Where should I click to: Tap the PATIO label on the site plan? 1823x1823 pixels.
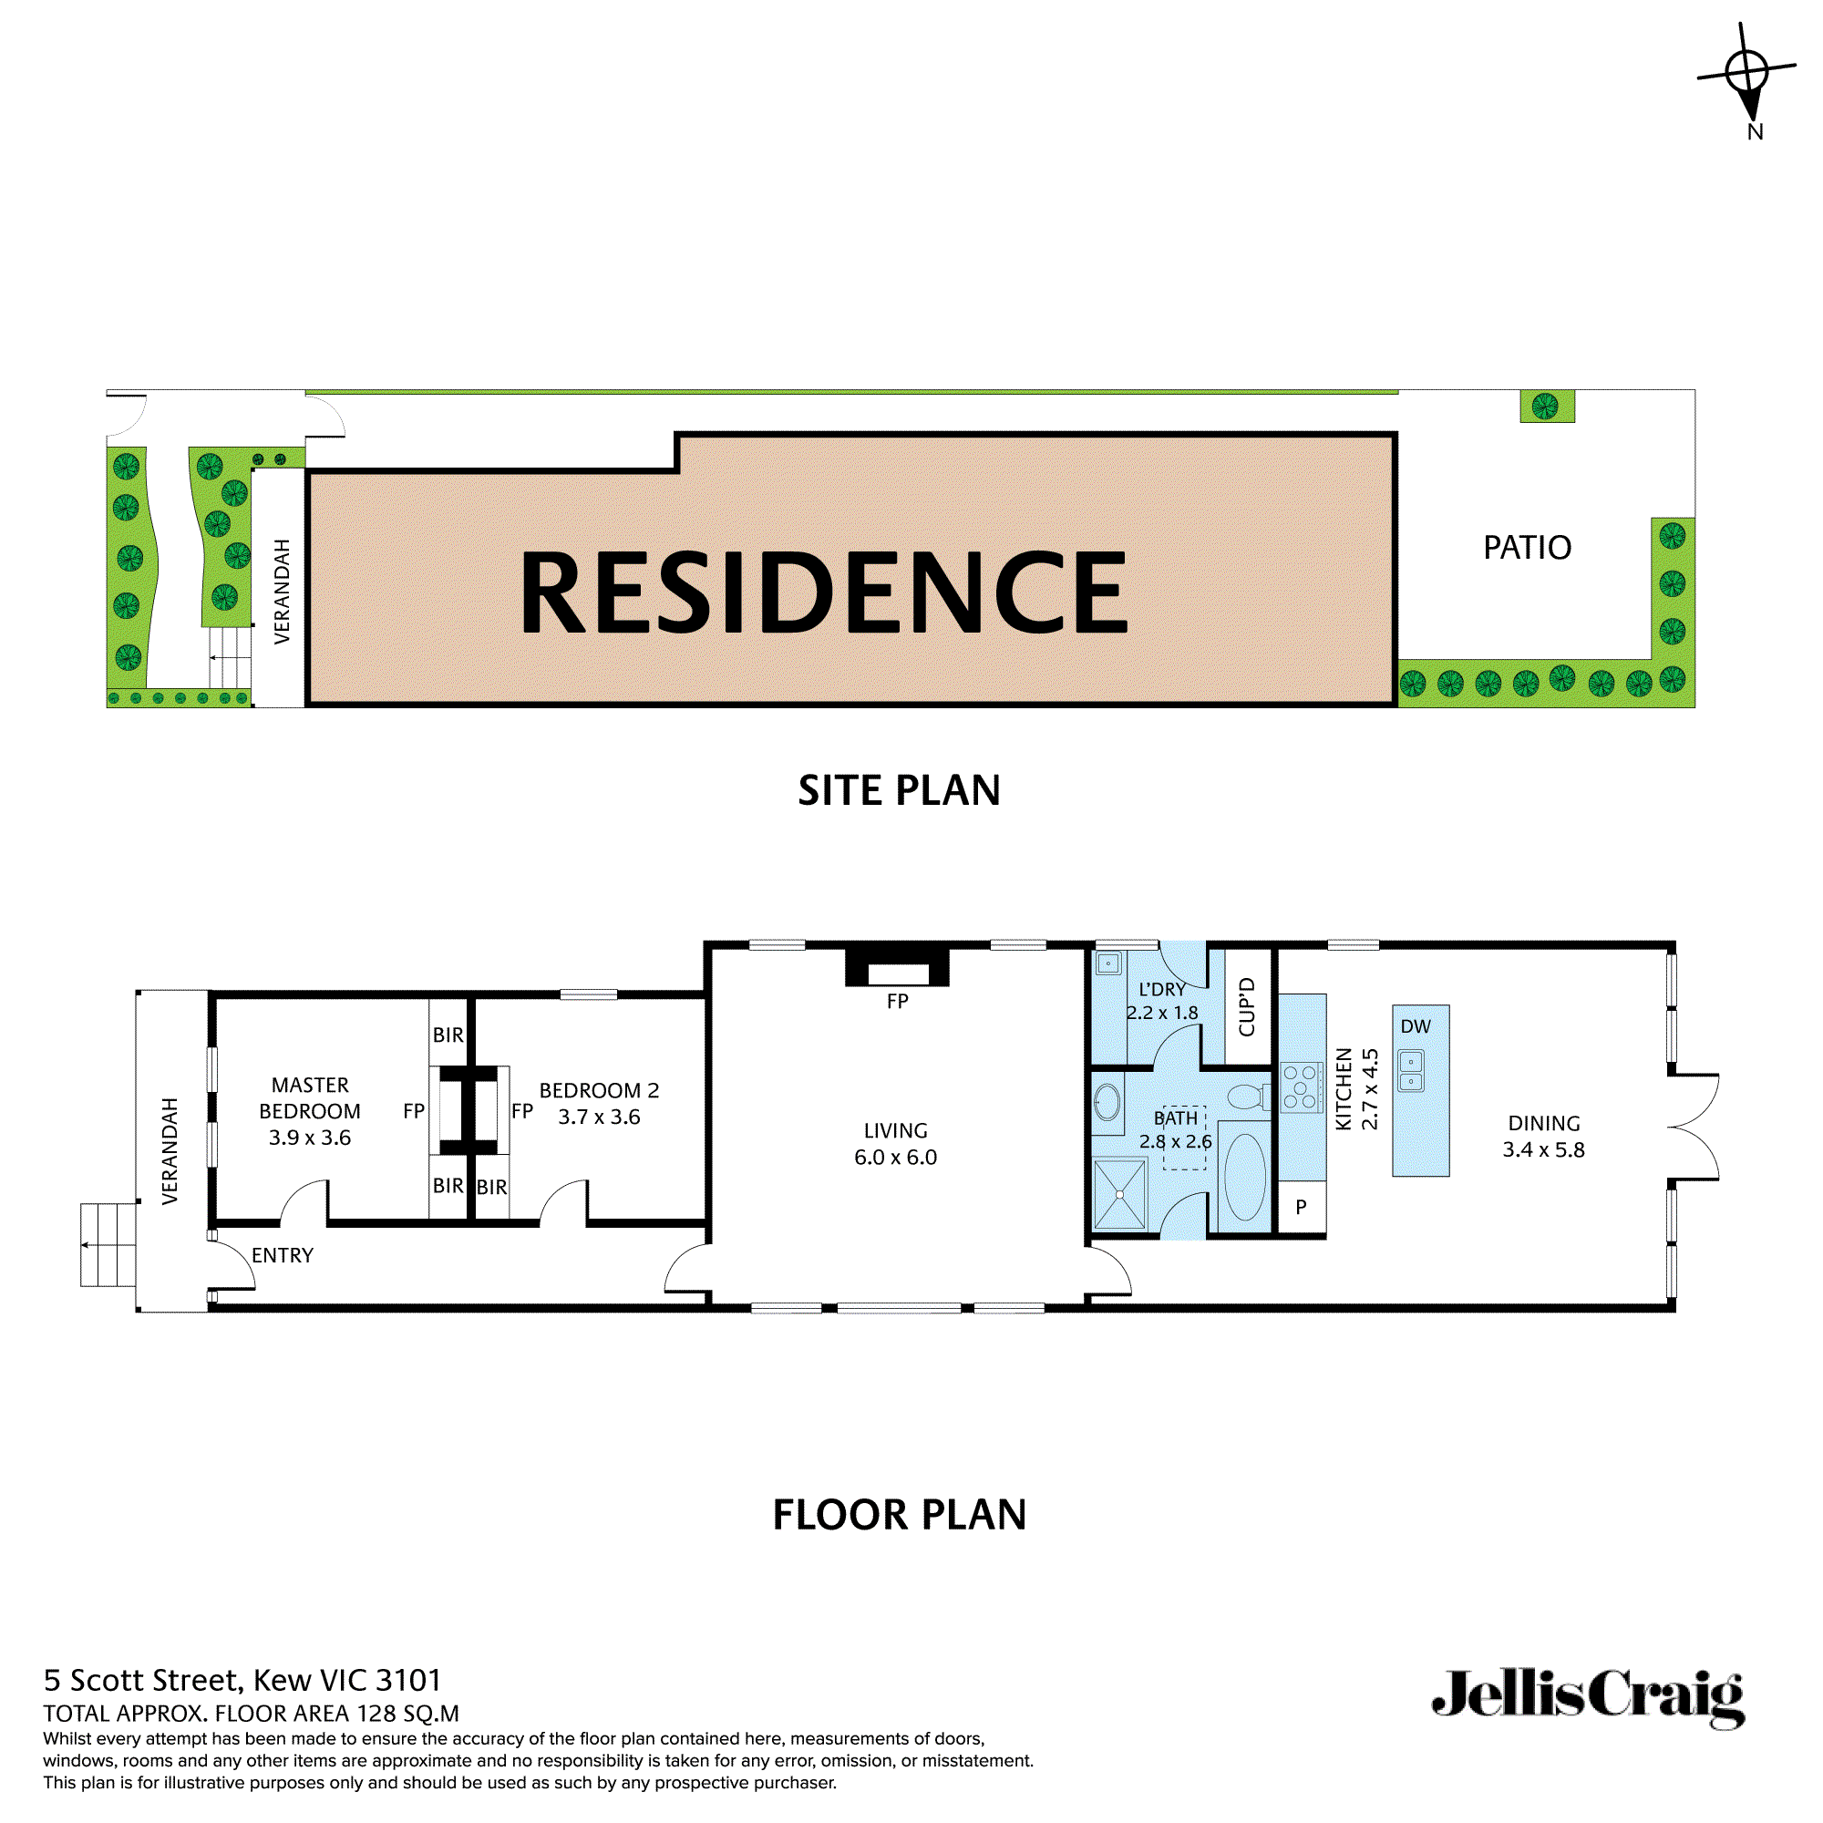click(x=1527, y=548)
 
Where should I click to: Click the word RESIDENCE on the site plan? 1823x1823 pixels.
click(x=823, y=592)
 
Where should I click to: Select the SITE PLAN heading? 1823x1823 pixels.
click(x=899, y=790)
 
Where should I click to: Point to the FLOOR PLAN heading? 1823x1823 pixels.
click(x=899, y=1514)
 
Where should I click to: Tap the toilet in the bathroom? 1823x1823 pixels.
click(x=1248, y=1097)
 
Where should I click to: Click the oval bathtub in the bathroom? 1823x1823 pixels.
click(x=1244, y=1178)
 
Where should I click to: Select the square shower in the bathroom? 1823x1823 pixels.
click(x=1119, y=1195)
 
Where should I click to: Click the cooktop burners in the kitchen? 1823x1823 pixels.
click(x=1301, y=1087)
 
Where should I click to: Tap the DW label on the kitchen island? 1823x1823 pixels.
click(x=1416, y=1026)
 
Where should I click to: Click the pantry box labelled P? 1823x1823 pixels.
click(x=1302, y=1207)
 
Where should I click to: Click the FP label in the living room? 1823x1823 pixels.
click(x=897, y=1001)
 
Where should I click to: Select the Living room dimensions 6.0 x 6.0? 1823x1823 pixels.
click(x=895, y=1158)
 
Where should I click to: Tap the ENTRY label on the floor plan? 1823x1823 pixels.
click(x=283, y=1256)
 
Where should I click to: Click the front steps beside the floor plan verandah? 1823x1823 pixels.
click(x=107, y=1244)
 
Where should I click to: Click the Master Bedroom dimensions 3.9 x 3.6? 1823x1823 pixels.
click(x=310, y=1138)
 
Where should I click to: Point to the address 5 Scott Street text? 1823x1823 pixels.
click(x=242, y=1681)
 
